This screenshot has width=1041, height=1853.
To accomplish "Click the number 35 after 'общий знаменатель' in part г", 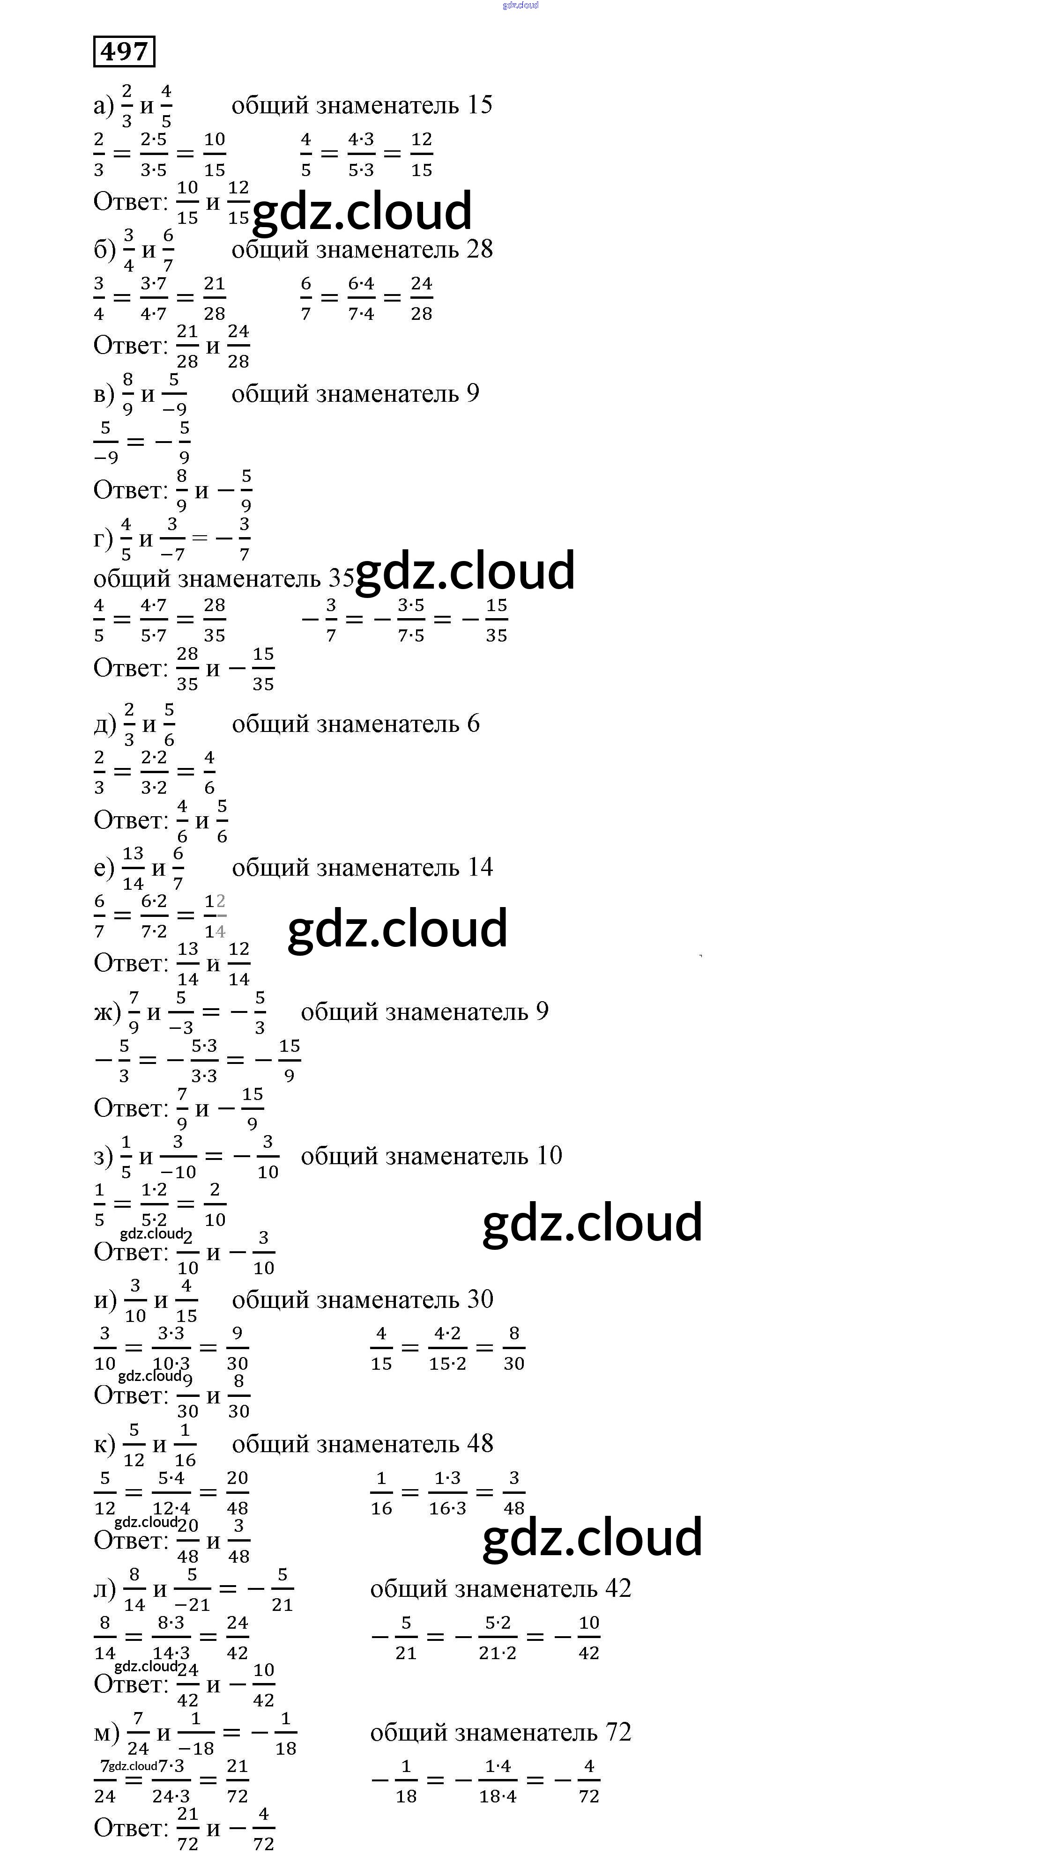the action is tap(342, 578).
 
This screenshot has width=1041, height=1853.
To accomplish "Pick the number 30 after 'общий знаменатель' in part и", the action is tap(479, 1299).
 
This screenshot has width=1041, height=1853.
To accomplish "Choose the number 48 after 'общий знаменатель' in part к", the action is tap(479, 1443).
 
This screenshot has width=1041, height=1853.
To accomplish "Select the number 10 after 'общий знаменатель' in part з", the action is tap(548, 1155).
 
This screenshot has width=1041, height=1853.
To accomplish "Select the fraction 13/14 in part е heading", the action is tap(133, 868).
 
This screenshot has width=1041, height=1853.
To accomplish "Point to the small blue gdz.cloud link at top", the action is tap(520, 5).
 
